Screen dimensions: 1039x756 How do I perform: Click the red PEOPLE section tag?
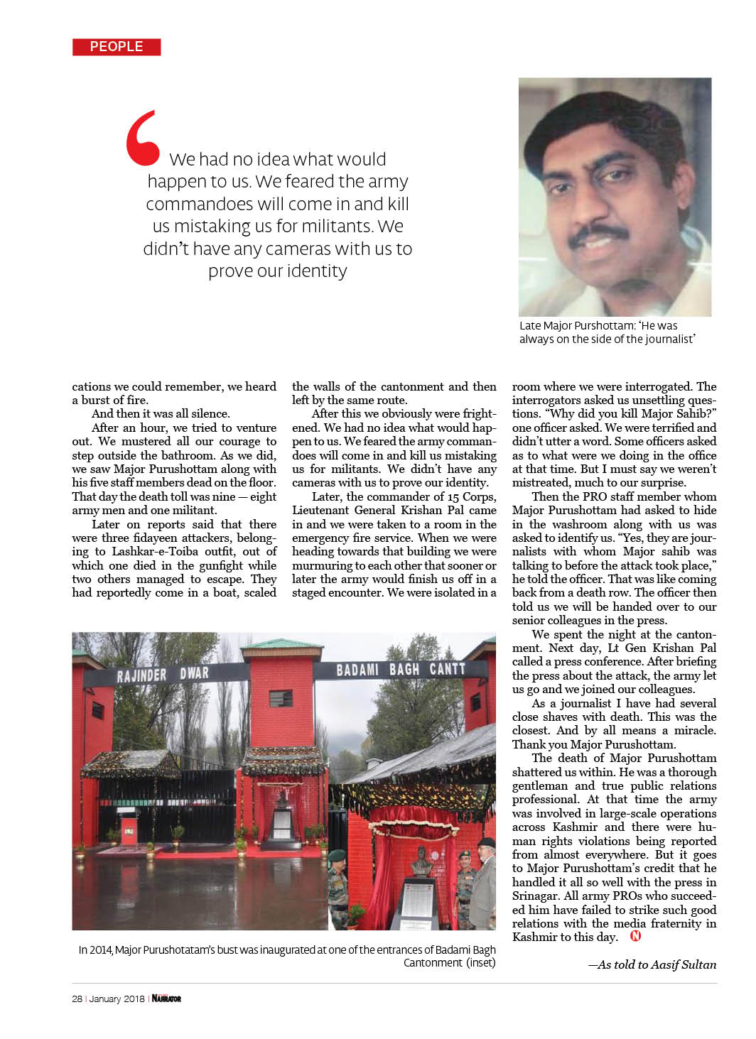117,47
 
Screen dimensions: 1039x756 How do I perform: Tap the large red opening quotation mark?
142,138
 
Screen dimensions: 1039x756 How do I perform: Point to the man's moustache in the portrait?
599,234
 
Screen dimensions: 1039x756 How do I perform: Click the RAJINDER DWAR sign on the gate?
163,674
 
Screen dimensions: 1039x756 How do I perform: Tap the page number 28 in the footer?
77,999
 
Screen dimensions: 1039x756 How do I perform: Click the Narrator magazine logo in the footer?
166,999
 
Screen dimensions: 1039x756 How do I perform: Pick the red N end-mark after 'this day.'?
635,936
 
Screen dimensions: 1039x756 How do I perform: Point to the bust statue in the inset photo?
420,861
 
